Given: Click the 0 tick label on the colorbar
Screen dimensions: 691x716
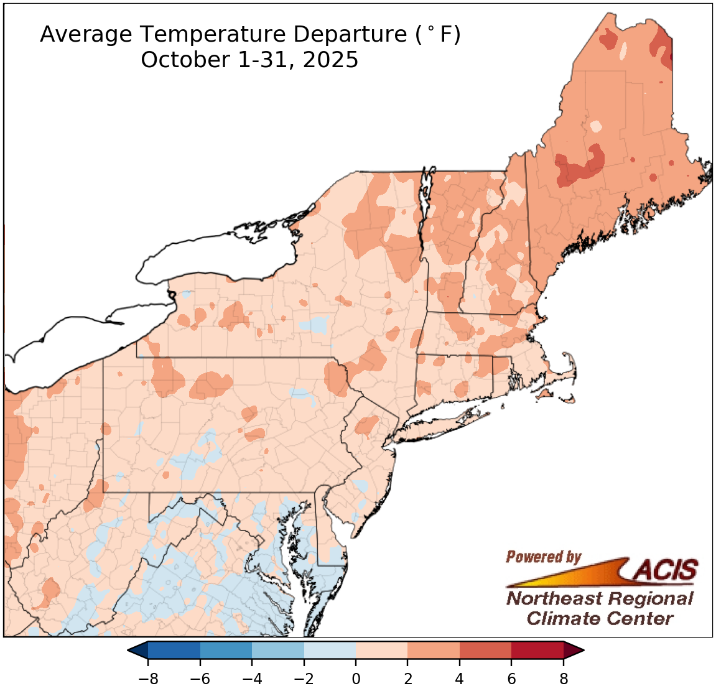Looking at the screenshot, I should [356, 679].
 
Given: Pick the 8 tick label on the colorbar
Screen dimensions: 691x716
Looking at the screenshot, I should [564, 679].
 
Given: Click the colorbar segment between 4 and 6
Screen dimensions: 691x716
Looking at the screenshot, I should [485, 650].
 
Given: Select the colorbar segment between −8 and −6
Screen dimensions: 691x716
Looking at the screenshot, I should [174, 650].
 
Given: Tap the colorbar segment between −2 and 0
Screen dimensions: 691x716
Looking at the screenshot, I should [330, 650].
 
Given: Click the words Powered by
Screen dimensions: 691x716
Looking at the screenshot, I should [543, 557].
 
